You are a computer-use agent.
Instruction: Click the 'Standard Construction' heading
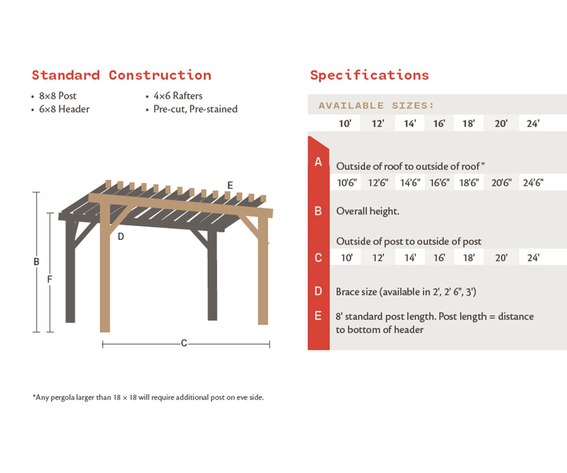coord(121,75)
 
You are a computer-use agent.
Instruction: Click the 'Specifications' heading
coord(369,75)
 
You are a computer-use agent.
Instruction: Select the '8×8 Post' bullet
coord(58,96)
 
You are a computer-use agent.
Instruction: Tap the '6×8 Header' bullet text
coord(64,109)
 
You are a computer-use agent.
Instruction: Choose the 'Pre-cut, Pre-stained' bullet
coord(195,109)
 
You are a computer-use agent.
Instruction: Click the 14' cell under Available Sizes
coord(409,124)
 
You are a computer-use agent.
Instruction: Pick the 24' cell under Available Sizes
coord(533,124)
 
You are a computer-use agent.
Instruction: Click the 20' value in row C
coord(501,258)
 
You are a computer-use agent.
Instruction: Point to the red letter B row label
coord(318,211)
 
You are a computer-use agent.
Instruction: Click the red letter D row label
coord(318,291)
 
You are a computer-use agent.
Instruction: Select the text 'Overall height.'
coord(368,211)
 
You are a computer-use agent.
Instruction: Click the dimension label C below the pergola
coord(184,343)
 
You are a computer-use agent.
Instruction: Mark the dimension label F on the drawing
coord(50,280)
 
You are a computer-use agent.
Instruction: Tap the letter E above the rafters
coord(230,185)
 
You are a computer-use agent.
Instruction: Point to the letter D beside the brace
coord(121,236)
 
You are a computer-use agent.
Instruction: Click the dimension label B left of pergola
coord(36,262)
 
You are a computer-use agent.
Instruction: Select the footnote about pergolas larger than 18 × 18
coord(148,397)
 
